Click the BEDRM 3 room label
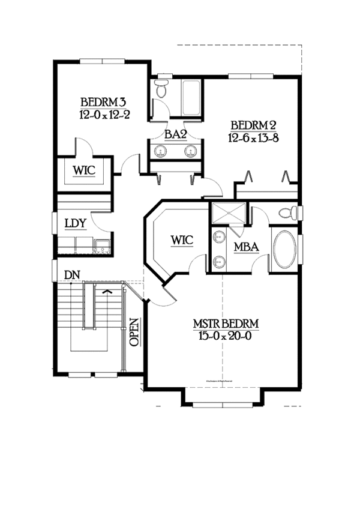coord(103,100)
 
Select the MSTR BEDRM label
coord(226,324)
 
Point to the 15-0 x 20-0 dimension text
coord(226,336)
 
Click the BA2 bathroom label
coord(175,135)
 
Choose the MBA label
coord(246,246)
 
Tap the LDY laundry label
coord(76,224)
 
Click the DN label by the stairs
coord(72,274)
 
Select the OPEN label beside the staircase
coord(134,331)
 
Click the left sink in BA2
coord(161,151)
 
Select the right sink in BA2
coord(190,151)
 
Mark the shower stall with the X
coord(227,214)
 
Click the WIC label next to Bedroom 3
coord(84,170)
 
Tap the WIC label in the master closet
coord(181,240)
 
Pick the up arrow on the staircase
coord(107,292)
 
